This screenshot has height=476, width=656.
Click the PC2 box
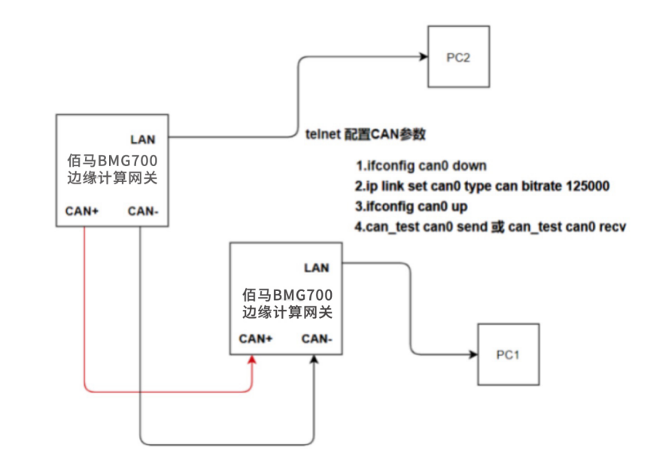[458, 57]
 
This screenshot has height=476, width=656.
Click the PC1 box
[508, 354]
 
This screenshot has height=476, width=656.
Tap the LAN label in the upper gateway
[143, 139]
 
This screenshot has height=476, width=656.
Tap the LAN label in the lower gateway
[316, 268]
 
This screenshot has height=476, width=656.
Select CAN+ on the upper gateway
[83, 211]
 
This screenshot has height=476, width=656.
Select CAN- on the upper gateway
[142, 211]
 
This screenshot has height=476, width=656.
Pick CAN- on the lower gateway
[317, 338]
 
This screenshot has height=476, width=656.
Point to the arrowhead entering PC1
[473, 354]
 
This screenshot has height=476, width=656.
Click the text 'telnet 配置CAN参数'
[366, 135]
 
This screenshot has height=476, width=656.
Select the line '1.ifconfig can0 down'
[421, 165]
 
